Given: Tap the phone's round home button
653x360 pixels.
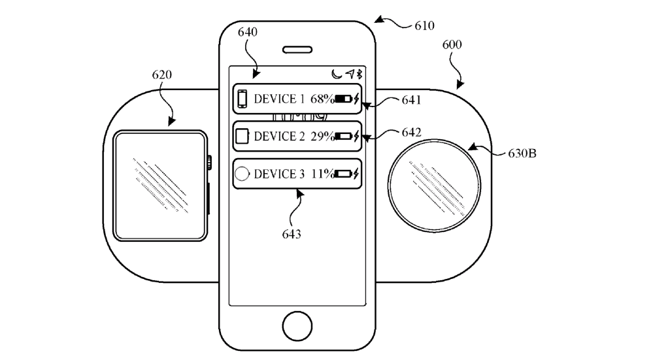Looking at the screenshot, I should (297, 324).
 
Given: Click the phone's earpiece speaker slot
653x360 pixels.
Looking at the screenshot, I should (297, 50).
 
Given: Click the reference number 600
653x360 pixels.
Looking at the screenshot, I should (452, 45).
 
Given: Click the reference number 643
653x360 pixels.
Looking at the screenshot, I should (292, 233).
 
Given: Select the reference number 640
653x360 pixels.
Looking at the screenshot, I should (248, 31).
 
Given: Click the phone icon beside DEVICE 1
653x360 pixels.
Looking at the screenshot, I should (242, 99).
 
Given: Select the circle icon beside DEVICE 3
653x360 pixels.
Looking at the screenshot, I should (242, 174).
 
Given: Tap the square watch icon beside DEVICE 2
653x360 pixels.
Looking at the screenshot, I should (242, 137).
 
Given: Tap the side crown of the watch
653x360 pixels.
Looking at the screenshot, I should (209, 160).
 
